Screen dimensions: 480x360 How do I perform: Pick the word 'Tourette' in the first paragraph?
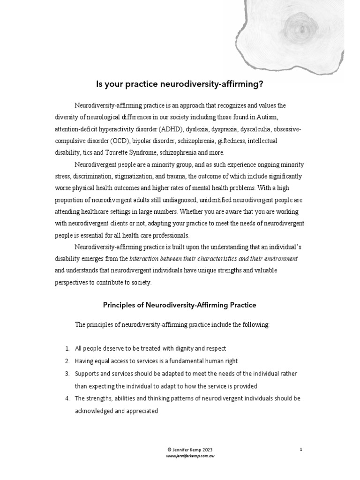tap(110, 153)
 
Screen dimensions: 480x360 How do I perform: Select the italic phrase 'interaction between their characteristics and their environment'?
tap(213, 259)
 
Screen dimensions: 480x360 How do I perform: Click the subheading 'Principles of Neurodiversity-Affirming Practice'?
tap(180, 305)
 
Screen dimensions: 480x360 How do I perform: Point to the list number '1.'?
tap(68, 349)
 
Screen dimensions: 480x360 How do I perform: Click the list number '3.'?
tap(68, 374)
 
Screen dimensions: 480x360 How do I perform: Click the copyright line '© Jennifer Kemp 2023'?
tap(180, 449)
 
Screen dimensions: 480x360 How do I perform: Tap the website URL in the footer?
tap(180, 455)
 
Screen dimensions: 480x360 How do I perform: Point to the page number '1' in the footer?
tap(301, 449)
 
